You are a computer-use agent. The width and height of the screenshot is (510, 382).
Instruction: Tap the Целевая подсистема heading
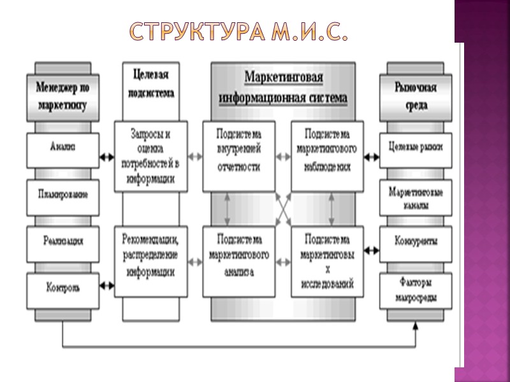[x=151, y=83]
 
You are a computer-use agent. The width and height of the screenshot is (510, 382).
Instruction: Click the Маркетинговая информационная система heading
[x=283, y=88]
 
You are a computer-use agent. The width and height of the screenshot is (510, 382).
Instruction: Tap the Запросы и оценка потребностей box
[x=151, y=156]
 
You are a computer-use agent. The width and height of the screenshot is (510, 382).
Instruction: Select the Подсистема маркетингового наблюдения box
[x=326, y=156]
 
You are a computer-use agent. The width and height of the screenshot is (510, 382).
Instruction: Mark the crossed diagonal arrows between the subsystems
[x=282, y=208]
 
